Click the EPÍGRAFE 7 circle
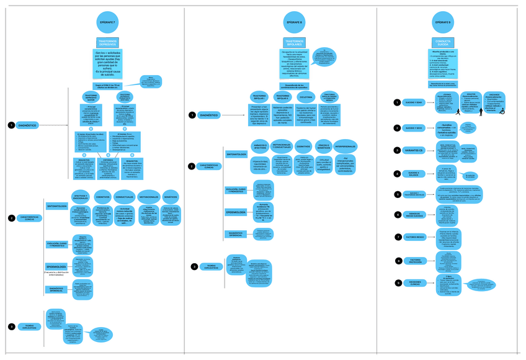click(x=107, y=22)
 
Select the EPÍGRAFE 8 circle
click(x=294, y=22)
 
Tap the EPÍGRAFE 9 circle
click(x=442, y=22)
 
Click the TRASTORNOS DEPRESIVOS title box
click(x=107, y=43)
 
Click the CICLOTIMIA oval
click(x=306, y=97)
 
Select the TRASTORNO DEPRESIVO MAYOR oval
click(x=91, y=97)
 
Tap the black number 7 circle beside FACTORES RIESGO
click(x=398, y=237)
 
